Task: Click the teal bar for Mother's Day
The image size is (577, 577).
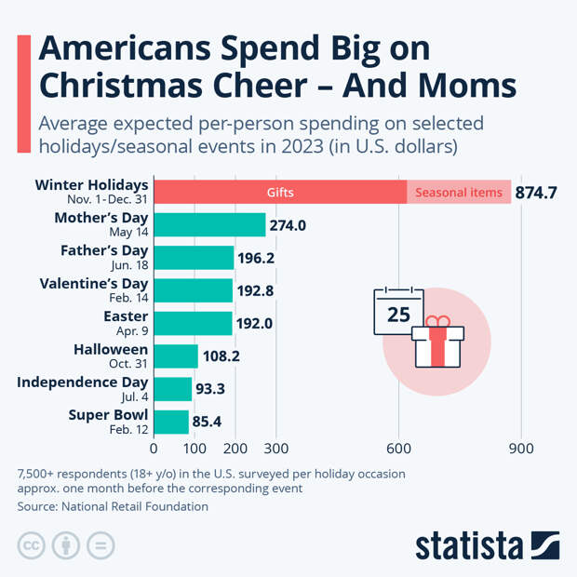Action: (x=209, y=225)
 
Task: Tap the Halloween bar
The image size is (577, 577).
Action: (x=176, y=356)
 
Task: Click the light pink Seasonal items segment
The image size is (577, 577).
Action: (x=459, y=193)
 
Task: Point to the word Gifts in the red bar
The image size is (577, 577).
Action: (x=279, y=193)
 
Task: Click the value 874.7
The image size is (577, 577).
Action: (x=536, y=193)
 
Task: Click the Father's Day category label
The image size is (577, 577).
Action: (x=104, y=250)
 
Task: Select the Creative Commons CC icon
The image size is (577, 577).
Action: (x=32, y=545)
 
